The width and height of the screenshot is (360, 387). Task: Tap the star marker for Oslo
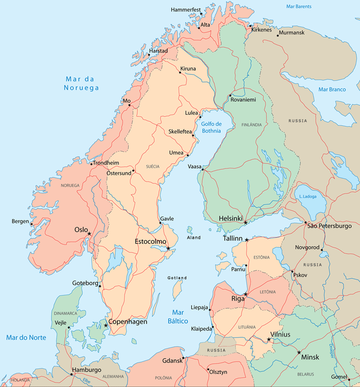tap(90, 234)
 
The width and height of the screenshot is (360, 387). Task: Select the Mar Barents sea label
tap(299, 7)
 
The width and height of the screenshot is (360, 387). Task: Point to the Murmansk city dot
tap(278, 36)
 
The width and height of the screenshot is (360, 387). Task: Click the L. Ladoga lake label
tap(308, 197)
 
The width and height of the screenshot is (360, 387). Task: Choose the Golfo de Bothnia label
tap(211, 127)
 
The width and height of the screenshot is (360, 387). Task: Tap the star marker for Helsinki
tap(245, 223)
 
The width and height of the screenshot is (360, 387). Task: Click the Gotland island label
tap(177, 278)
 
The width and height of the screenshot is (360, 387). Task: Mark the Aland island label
tap(194, 238)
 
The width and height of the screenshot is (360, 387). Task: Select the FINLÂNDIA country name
tap(251, 125)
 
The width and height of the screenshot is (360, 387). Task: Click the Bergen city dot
tap(31, 224)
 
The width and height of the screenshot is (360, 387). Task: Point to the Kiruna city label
tap(188, 69)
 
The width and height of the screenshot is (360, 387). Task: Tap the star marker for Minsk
tap(299, 352)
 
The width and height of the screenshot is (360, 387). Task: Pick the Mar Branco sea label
tap(332, 90)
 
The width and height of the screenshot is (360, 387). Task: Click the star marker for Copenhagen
tap(106, 325)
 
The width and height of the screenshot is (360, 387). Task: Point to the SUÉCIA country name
tap(153, 166)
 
